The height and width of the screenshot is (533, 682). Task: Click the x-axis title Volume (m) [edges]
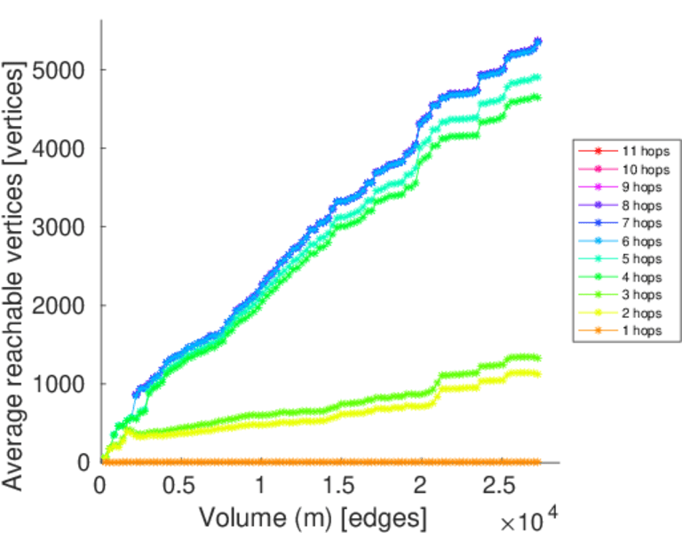point(313,515)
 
